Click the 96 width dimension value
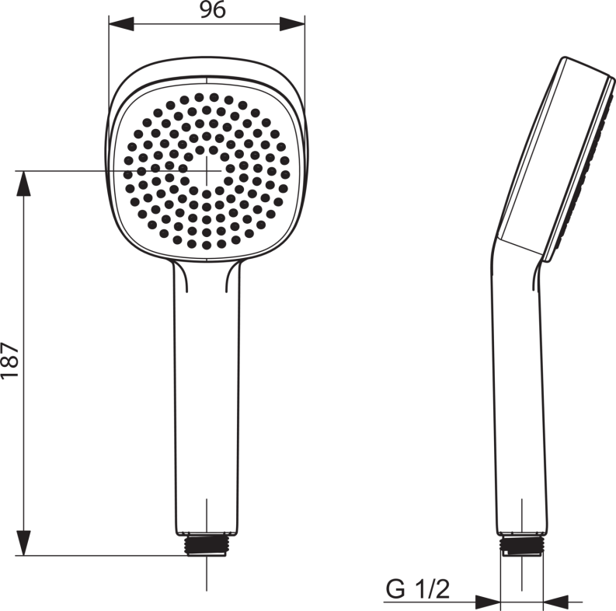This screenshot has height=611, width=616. coord(207,10)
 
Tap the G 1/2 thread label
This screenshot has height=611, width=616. coord(418,590)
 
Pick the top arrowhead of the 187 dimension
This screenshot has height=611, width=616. coord(25,183)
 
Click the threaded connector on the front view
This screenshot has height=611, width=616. coord(206,544)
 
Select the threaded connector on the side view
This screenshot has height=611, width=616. coord(521,545)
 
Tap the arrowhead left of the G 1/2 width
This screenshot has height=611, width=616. coord(487,601)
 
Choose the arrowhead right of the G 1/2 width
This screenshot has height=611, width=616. coord(556,601)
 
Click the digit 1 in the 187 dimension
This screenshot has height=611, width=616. coord(10,375)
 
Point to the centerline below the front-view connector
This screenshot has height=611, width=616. coord(207,575)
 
